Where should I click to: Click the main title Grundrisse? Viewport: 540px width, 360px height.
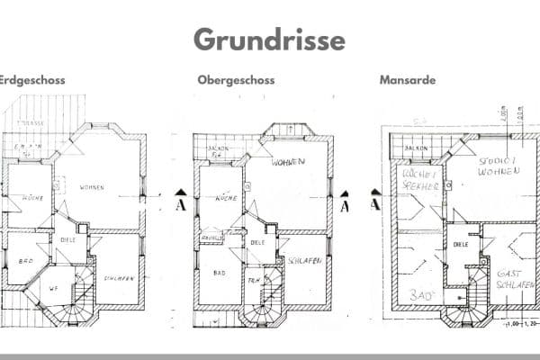coord(269,40)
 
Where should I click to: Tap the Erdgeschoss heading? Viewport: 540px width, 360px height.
coord(31,80)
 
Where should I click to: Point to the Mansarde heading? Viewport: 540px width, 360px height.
coord(408,80)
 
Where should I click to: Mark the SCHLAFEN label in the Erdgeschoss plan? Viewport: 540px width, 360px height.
coord(119,277)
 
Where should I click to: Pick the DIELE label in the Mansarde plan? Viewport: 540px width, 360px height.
coord(461,244)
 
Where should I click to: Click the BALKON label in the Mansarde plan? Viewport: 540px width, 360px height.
coord(415,148)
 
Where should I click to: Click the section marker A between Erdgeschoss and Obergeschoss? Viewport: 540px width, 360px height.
coord(180,202)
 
